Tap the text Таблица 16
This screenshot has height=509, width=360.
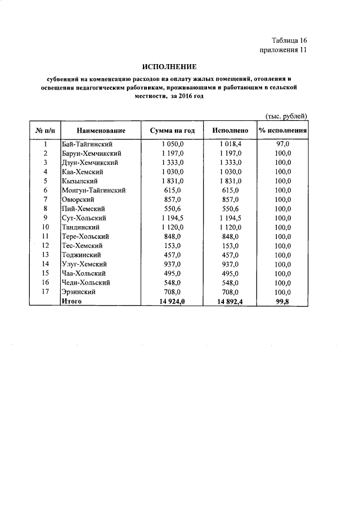pyautogui.click(x=289, y=40)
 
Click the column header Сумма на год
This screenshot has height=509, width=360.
pyautogui.click(x=172, y=130)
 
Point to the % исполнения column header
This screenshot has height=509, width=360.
pyautogui.click(x=282, y=130)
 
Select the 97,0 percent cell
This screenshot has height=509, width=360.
pyautogui.click(x=282, y=144)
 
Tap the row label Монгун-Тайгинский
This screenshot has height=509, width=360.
pyautogui.click(x=93, y=190)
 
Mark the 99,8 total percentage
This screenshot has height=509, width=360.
pyautogui.click(x=282, y=301)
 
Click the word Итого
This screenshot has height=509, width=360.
pyautogui.click(x=71, y=301)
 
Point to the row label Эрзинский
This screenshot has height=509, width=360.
pyautogui.click(x=79, y=292)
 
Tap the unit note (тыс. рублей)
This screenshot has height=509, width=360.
pyautogui.click(x=286, y=116)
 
